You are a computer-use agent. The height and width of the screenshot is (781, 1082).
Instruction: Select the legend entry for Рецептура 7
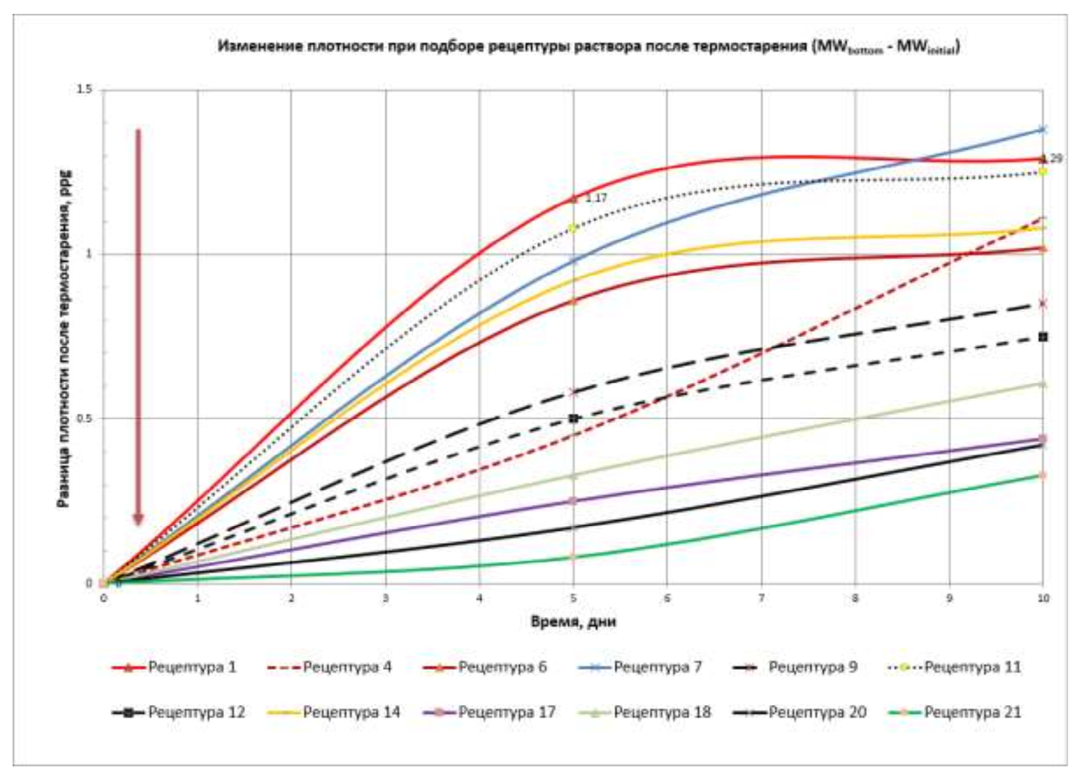(657, 667)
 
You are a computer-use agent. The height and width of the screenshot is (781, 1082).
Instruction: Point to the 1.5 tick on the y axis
(85, 90)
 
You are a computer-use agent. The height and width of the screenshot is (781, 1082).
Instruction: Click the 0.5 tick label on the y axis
(85, 418)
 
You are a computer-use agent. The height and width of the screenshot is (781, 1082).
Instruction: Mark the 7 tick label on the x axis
(761, 599)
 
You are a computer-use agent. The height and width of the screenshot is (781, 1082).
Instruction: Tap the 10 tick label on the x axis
(1043, 599)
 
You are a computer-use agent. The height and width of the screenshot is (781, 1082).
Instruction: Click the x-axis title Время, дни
(573, 622)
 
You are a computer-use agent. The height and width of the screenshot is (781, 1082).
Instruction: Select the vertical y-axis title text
(64, 337)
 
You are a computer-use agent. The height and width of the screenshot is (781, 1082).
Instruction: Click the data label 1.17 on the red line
(596, 198)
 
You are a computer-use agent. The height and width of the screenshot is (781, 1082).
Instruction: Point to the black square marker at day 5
(573, 418)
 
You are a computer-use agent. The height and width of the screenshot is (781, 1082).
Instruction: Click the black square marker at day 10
(1043, 337)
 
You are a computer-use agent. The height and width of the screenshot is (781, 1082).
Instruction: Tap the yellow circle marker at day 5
(573, 229)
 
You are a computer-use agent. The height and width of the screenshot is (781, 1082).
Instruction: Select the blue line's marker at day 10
(1043, 130)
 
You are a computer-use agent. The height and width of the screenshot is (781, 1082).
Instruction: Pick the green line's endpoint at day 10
(1043, 476)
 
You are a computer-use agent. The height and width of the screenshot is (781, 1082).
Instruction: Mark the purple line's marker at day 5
(573, 501)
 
